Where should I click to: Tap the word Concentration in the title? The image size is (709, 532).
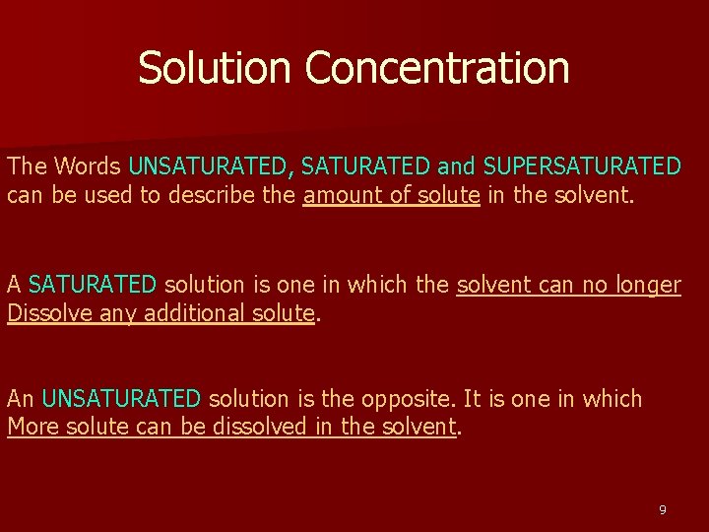[x=437, y=68]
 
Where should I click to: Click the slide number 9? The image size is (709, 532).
[x=662, y=509]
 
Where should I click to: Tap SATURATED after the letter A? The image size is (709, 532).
[x=93, y=285]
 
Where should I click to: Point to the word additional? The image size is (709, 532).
[x=193, y=314]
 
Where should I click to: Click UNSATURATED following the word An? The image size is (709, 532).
[x=121, y=399]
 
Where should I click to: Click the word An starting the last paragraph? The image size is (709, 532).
[x=21, y=399]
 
